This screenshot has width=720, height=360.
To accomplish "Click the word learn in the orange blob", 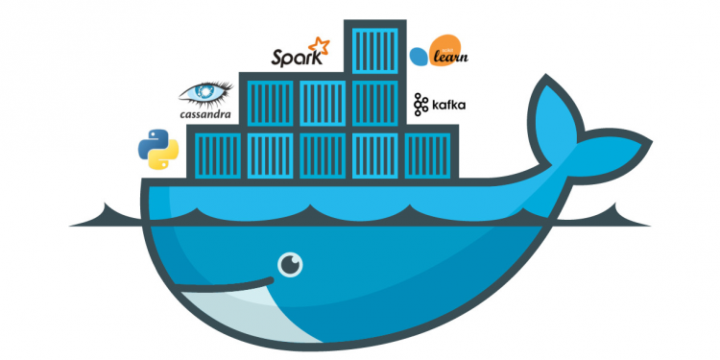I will [447, 59].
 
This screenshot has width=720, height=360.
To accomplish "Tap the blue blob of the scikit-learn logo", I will [419, 57].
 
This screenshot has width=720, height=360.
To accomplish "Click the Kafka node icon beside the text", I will [420, 104].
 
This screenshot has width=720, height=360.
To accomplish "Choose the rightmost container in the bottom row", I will [425, 155].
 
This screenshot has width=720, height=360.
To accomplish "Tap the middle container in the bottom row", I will [322, 155].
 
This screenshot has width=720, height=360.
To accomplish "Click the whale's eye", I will [286, 261].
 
